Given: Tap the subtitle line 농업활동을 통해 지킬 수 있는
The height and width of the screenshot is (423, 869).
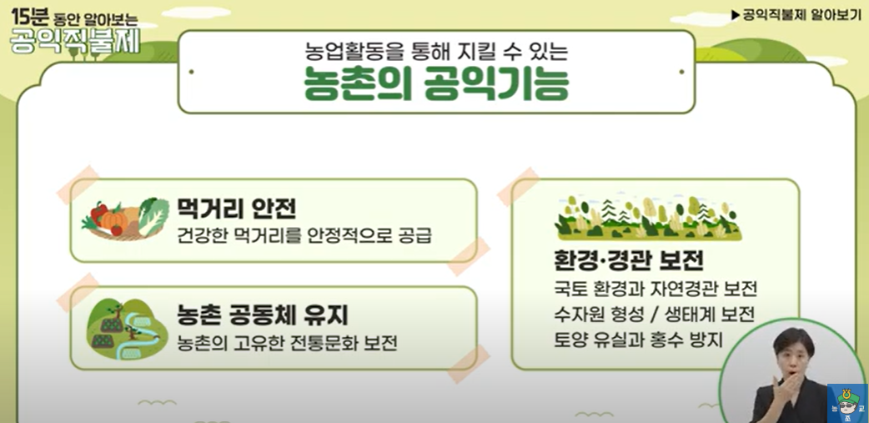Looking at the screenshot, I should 436,51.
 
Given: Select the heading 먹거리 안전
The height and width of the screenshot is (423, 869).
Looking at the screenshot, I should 237,208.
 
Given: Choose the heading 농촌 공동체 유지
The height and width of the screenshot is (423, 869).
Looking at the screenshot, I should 262,315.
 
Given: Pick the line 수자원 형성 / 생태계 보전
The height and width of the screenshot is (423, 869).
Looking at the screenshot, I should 655,315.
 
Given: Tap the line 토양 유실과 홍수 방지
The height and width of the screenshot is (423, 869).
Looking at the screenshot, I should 639,340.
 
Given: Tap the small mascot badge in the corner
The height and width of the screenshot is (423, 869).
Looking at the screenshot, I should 846,403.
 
